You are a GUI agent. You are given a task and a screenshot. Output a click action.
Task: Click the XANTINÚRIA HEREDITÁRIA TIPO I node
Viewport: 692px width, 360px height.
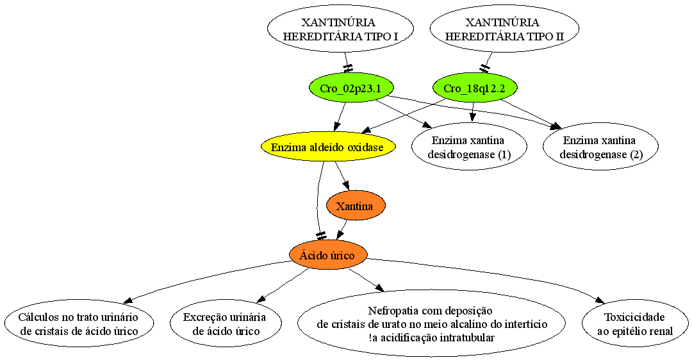340,29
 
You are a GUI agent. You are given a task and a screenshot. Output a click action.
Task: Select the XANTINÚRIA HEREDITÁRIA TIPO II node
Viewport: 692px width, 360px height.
504,29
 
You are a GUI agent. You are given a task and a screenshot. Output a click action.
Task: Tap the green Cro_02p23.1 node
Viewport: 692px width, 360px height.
350,88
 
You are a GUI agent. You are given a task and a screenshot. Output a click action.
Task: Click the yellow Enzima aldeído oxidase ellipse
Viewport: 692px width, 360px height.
327,147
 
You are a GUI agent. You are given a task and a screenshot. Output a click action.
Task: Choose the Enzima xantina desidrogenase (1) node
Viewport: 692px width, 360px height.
469,147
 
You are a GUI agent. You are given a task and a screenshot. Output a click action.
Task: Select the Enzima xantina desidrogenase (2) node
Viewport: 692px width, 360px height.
600,147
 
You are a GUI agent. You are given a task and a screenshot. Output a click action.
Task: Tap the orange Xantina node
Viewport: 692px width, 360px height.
355,206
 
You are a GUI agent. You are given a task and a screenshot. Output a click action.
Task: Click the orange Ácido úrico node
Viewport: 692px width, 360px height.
327,256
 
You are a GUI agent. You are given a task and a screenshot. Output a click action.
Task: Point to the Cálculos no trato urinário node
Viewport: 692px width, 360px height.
79,324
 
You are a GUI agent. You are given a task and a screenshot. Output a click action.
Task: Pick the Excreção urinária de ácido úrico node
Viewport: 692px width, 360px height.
226,324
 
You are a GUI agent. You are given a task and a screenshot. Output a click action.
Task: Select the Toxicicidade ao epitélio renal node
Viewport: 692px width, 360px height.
635,324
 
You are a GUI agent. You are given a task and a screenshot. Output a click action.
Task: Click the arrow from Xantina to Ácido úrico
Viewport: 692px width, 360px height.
342,231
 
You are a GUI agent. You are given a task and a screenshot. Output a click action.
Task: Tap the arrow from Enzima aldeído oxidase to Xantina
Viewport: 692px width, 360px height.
342,176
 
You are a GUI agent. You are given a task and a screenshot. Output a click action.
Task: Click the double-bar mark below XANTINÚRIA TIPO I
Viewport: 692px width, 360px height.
348,69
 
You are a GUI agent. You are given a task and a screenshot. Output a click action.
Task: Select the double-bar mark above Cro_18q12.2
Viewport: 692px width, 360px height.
486,69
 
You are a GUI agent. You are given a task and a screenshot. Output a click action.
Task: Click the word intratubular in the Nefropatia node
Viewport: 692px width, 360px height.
467,338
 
